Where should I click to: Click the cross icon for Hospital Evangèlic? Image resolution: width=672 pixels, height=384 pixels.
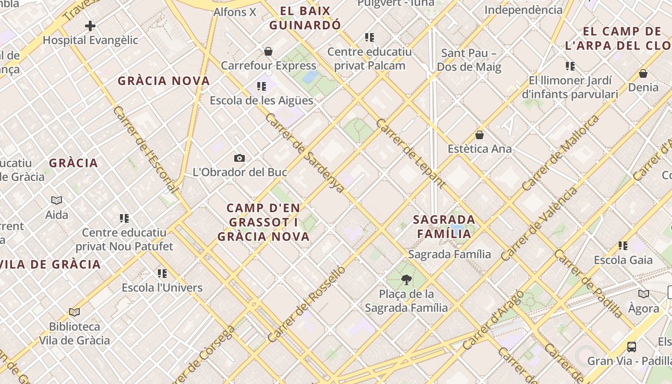90,26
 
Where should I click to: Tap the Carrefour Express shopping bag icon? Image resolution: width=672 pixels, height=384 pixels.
268,51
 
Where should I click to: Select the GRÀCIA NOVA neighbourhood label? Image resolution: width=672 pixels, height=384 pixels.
164,81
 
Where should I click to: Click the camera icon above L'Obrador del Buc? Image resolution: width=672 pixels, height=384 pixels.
240,158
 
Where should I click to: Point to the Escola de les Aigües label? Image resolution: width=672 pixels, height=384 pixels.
262,100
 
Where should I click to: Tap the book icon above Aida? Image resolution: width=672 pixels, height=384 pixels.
57,200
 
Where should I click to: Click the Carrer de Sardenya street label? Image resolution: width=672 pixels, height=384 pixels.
305,153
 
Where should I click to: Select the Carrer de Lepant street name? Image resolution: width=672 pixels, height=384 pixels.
411,153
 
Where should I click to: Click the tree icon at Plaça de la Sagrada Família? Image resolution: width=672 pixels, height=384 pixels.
407,279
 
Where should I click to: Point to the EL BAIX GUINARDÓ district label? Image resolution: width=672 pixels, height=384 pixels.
305,18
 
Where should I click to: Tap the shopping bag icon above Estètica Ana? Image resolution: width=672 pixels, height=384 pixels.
479,135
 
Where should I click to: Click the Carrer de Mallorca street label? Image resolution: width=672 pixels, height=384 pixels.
561,153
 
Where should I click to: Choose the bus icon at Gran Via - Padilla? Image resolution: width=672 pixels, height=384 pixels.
632,347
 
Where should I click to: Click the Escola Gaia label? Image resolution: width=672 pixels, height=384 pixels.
623,260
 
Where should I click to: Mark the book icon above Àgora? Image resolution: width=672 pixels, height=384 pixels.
644,294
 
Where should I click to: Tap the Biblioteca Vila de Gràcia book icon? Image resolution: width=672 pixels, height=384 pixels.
74,312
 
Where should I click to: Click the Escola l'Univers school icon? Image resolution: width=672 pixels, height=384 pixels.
162,274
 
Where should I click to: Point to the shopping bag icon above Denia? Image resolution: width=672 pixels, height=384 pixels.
643,73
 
